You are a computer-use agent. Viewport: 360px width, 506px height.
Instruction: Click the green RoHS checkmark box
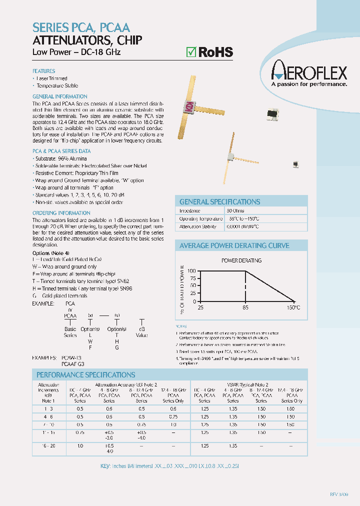pyautogui.click(x=190, y=51)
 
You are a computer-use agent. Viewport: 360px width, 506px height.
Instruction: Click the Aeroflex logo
pyautogui.click(x=309, y=73)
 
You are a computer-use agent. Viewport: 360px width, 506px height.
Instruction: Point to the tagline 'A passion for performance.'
pyautogui.click(x=309, y=84)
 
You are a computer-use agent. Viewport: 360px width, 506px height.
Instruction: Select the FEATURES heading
pyautogui.click(x=43, y=71)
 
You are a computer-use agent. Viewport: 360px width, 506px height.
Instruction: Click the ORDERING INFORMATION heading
pyautogui.click(x=54, y=212)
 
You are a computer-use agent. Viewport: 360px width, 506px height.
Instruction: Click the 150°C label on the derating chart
pyautogui.click(x=293, y=307)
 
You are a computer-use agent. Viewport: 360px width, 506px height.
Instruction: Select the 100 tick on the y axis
pyautogui.click(x=191, y=271)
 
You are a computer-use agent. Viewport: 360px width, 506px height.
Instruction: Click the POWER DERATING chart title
pyautogui.click(x=241, y=260)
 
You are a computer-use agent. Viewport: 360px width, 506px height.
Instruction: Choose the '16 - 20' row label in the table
pyautogui.click(x=45, y=445)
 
